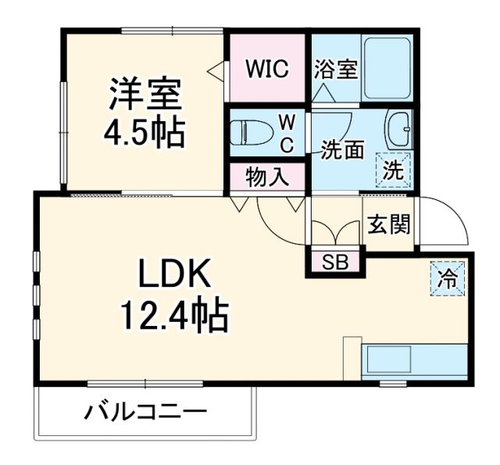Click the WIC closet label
268,69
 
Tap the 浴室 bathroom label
336,70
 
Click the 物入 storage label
267,177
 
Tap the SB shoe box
334,261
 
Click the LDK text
175,275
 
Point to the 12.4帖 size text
173,316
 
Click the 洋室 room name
145,95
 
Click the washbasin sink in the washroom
401,129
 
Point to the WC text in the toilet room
287,134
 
